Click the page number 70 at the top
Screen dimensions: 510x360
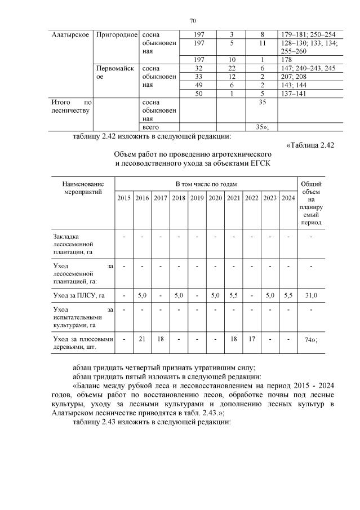coord(192,21)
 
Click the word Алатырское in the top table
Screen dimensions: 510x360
coord(69,35)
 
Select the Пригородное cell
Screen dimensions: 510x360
coord(117,35)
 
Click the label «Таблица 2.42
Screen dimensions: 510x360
coord(310,145)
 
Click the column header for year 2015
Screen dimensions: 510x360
coord(124,198)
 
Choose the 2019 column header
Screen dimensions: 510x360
coord(197,198)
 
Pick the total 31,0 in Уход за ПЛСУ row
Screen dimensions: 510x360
coord(311,295)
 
